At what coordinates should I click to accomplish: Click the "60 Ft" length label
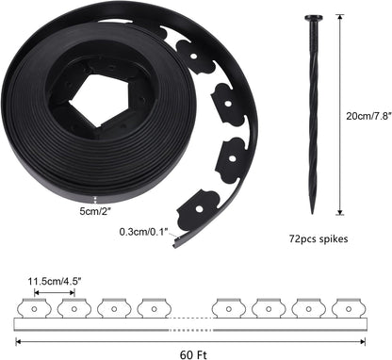pos(192,352)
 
